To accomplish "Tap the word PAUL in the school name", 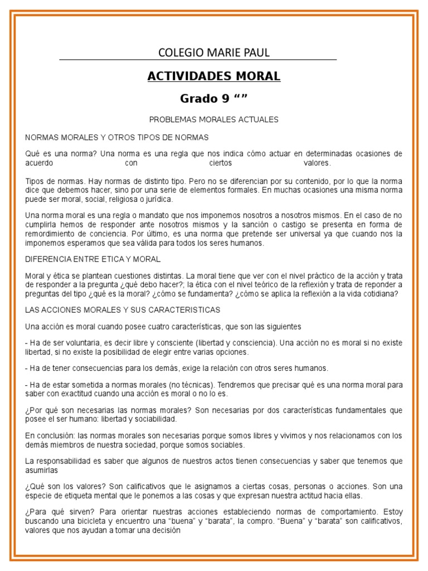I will point(256,53).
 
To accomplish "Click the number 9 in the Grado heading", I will point(226,99).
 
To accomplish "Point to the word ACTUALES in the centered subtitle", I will point(260,120).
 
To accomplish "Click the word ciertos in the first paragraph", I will point(220,163).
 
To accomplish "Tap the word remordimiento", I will point(52,234).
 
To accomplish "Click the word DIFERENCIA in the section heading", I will point(48,259).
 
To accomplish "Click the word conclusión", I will point(53,436).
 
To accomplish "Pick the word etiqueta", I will point(82,496).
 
